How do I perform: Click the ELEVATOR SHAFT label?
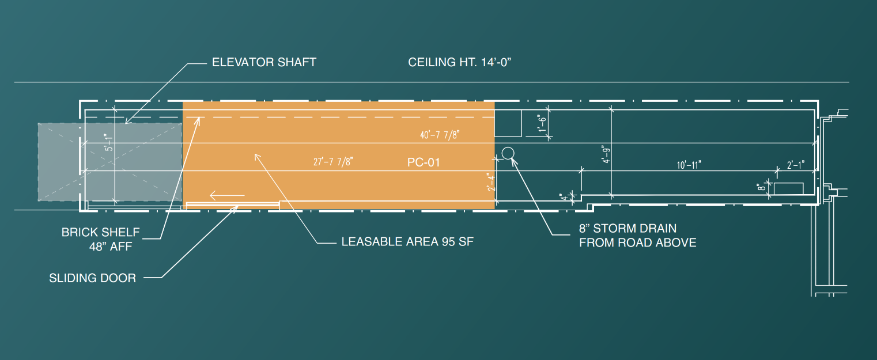[264, 62]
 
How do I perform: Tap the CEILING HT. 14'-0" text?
[460, 62]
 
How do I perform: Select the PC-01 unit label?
[424, 162]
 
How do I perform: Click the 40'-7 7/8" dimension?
[440, 135]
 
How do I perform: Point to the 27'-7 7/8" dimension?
[332, 162]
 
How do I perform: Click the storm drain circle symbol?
[508, 153]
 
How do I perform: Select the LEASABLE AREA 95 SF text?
[407, 242]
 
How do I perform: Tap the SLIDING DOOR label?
[93, 278]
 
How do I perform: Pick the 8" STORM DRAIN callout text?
[637, 236]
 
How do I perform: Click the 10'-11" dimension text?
[689, 165]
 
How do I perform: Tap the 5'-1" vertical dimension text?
[107, 142]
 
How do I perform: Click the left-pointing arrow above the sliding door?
[227, 195]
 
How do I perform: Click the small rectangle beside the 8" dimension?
[788, 188]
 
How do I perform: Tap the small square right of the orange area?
[508, 123]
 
